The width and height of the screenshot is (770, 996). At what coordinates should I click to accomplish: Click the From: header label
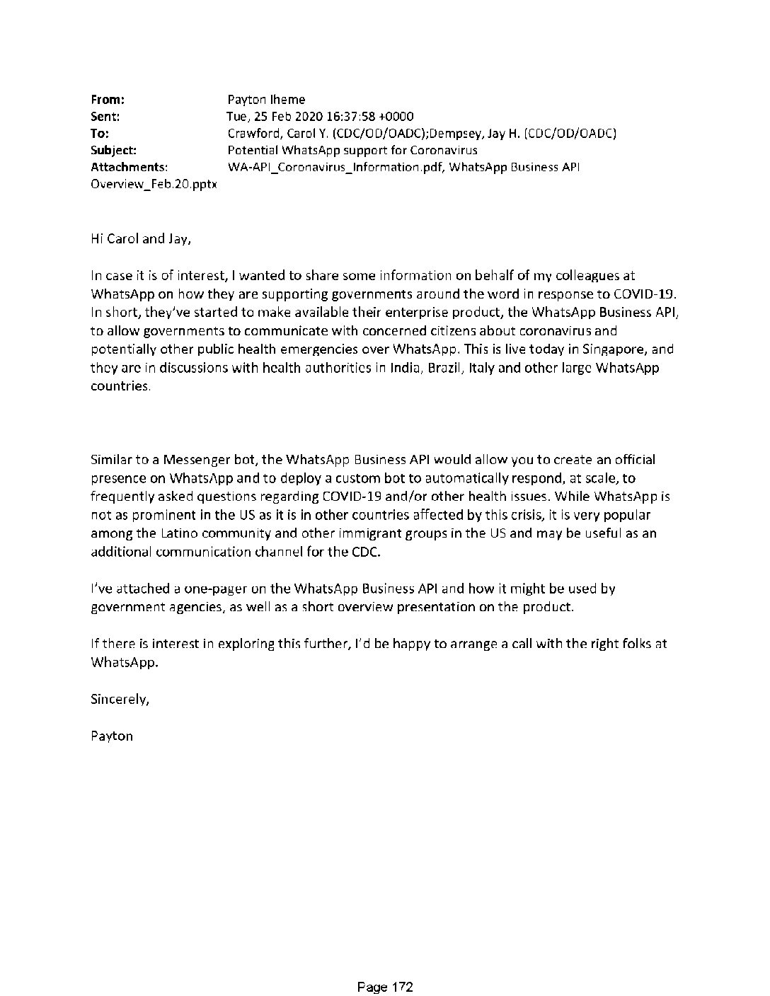tap(108, 100)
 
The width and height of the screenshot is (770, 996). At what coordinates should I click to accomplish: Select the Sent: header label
tap(105, 117)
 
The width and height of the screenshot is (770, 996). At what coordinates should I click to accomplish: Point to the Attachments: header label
tap(130, 168)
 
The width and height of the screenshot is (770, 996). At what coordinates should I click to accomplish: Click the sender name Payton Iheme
tap(266, 100)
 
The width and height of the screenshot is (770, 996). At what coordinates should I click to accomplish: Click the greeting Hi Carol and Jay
tap(141, 239)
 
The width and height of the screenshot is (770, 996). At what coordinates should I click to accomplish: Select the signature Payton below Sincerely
tap(112, 736)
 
